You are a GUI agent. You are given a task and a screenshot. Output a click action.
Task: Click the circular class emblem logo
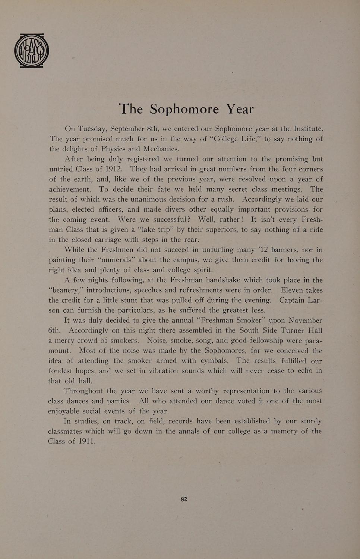pyautogui.click(x=31, y=51)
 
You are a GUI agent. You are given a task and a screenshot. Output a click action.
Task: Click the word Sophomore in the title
pyautogui.click(x=184, y=109)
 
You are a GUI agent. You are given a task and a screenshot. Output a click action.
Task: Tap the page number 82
pyautogui.click(x=184, y=499)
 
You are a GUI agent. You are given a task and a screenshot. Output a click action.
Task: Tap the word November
pyautogui.click(x=305, y=320)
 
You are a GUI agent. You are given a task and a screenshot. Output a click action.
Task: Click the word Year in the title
pyautogui.click(x=240, y=109)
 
